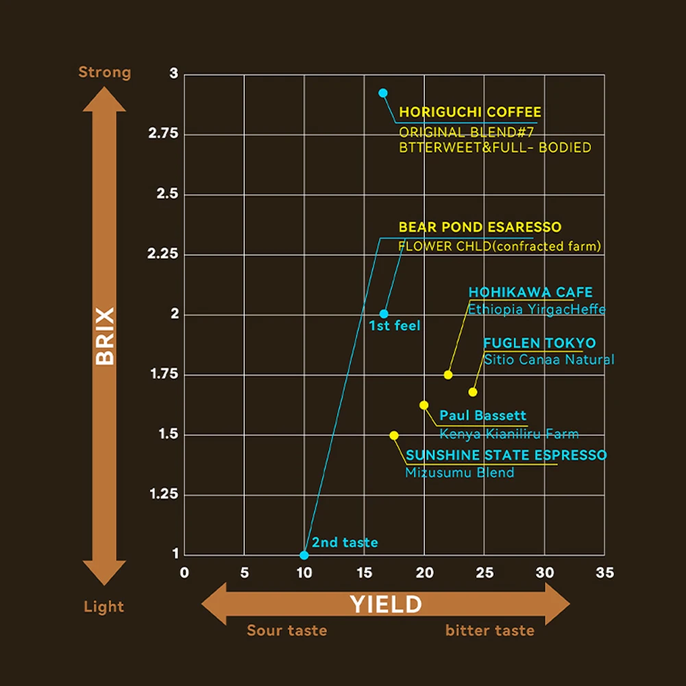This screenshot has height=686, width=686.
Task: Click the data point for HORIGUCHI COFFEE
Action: point(383,93)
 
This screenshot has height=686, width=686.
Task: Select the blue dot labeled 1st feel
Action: point(384,314)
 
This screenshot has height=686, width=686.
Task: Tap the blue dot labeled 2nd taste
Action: point(304,555)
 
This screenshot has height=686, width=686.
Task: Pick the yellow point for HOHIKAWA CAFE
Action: point(448,375)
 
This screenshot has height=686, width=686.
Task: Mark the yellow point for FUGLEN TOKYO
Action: point(473,392)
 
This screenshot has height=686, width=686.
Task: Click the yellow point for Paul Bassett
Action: point(424,405)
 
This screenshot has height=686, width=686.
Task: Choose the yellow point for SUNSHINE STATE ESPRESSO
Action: point(394,435)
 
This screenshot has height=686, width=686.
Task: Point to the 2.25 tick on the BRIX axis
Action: point(163,254)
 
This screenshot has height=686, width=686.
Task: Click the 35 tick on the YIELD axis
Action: point(604,572)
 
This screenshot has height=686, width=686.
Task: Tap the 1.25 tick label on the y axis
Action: point(163,494)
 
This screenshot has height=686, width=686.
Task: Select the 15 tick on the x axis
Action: point(364,572)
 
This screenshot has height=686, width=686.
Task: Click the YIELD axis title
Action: point(386,604)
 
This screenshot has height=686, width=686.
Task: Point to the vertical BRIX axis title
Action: point(105,336)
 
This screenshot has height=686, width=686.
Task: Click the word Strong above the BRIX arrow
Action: point(104,72)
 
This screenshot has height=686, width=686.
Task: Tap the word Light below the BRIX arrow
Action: point(104,607)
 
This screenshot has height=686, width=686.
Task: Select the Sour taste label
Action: point(286,630)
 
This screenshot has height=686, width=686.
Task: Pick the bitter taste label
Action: point(489,630)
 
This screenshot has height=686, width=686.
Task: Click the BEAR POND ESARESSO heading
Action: point(480,227)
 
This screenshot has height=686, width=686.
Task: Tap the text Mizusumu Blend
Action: point(459,472)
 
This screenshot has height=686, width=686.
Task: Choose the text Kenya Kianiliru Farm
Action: point(509,434)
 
